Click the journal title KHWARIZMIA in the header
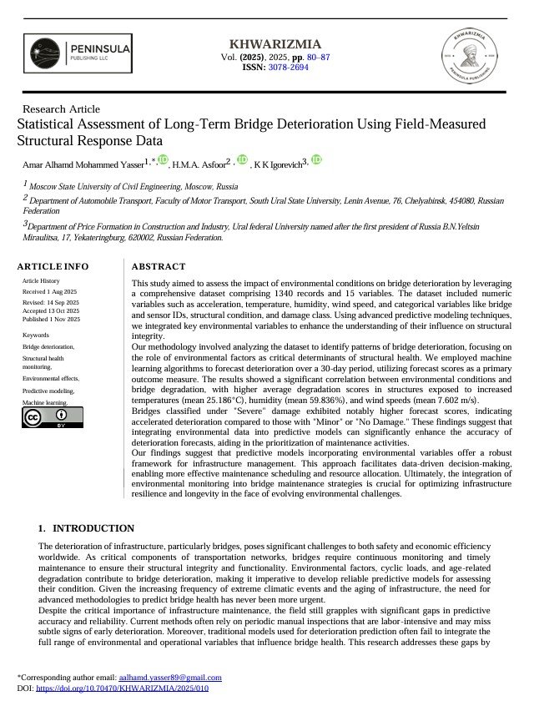pyautogui.click(x=275, y=44)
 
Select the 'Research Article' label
pyautogui.click(x=61, y=108)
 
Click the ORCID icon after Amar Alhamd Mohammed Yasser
pyautogui.click(x=162, y=160)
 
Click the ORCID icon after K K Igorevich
pyautogui.click(x=317, y=160)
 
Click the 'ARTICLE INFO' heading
pyautogui.click(x=53, y=266)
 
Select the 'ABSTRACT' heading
pyautogui.click(x=159, y=266)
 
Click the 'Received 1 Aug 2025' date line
pyautogui.click(x=50, y=292)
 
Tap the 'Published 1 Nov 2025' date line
pyautogui.click(x=51, y=319)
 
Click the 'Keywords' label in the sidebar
pyautogui.click(x=36, y=335)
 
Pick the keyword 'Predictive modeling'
pyautogui.click(x=48, y=391)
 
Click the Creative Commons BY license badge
pyautogui.click(x=44, y=419)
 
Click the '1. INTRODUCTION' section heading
pyautogui.click(x=86, y=528)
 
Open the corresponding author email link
pyautogui.click(x=170, y=678)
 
